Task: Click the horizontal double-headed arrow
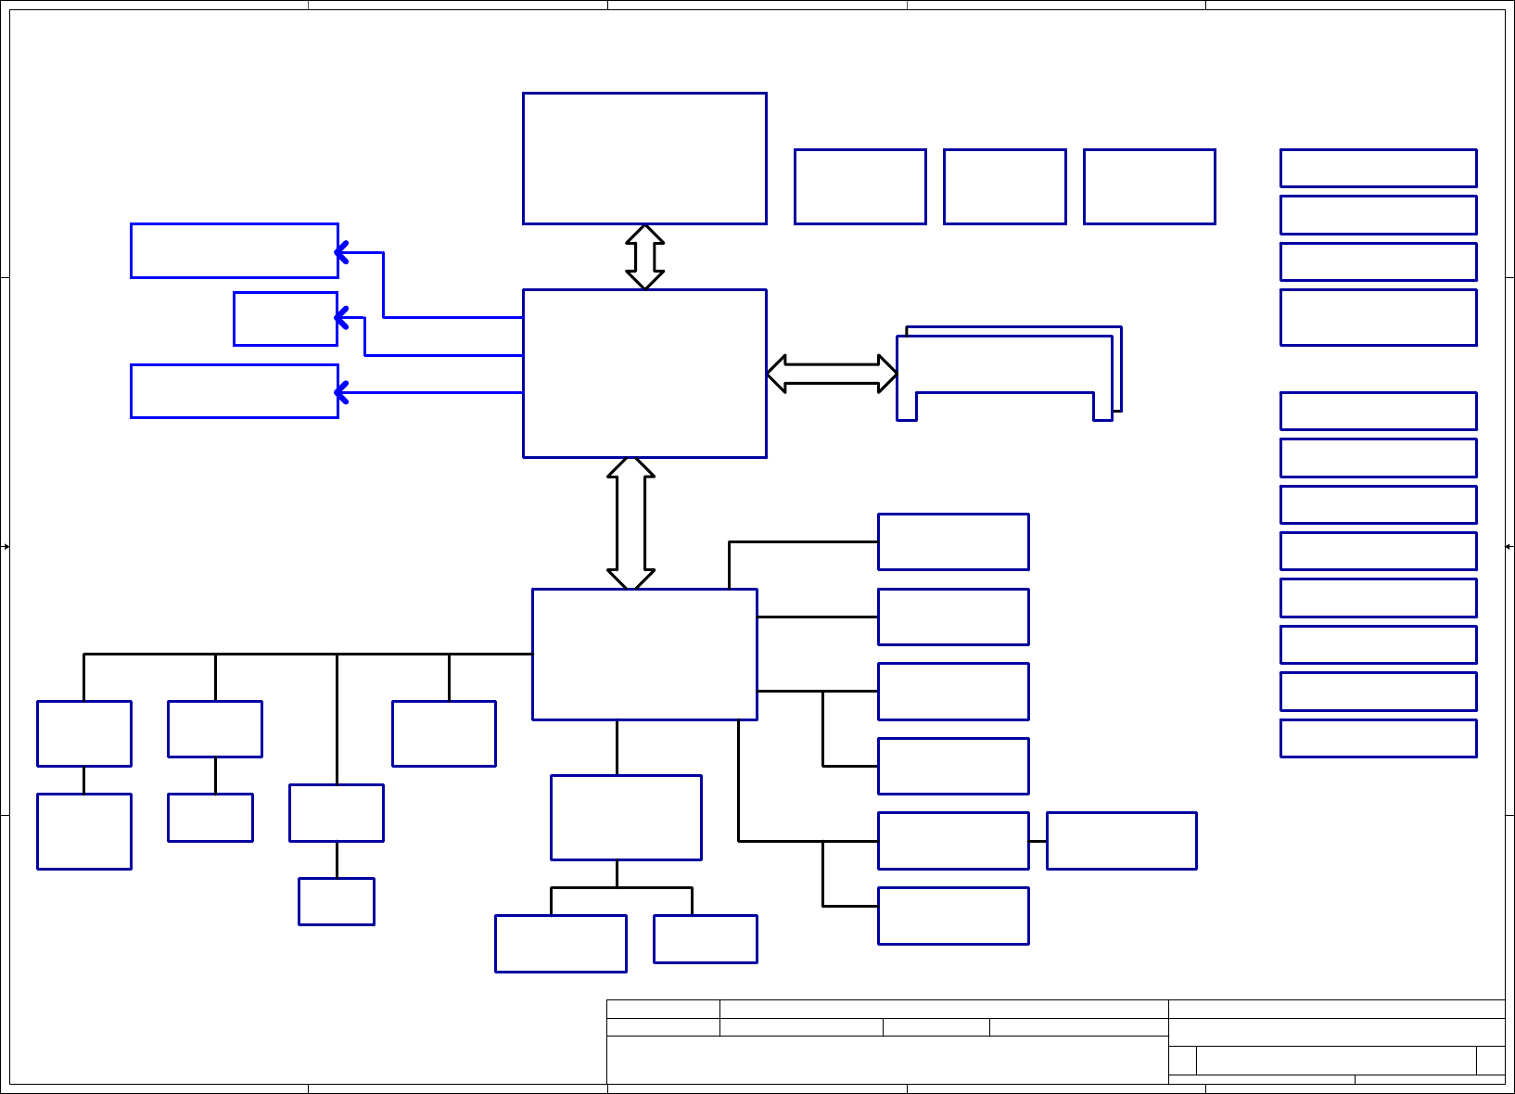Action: coord(832,374)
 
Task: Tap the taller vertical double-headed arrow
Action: coord(630,524)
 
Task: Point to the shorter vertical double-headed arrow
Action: coord(644,257)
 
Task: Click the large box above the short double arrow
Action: coord(644,159)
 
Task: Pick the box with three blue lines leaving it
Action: coord(644,374)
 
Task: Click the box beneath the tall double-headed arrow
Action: coord(644,654)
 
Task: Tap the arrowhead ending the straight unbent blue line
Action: coord(340,393)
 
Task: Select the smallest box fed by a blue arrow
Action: coord(286,319)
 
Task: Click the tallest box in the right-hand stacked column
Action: coord(1378,317)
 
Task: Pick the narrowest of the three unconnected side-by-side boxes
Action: coord(1004,186)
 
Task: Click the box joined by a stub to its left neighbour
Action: coord(1121,841)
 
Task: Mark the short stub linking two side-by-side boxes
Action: coord(1038,841)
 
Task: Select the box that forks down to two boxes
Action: coord(626,817)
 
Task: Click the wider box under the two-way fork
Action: coord(561,944)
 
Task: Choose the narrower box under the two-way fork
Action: coord(705,939)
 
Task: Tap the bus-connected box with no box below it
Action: coord(443,733)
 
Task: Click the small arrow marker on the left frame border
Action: coord(6,547)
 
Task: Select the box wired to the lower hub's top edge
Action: coord(953,541)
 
